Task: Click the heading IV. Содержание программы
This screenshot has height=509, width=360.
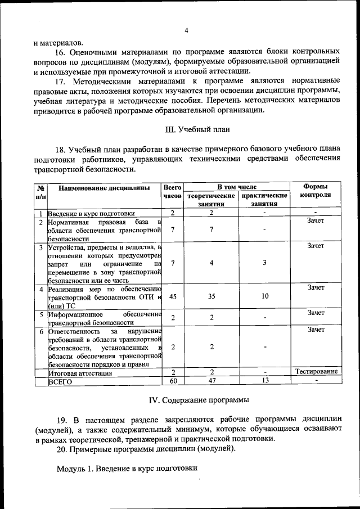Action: click(x=199, y=400)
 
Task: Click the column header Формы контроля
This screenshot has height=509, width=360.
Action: click(x=315, y=191)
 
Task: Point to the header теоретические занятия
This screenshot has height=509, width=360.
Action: click(x=211, y=200)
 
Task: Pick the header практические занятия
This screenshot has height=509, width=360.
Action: click(x=264, y=200)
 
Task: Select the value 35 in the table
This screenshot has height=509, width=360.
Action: click(x=211, y=296)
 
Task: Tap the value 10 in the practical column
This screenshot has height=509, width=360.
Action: click(x=264, y=296)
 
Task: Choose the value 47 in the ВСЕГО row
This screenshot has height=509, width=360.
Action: click(x=211, y=381)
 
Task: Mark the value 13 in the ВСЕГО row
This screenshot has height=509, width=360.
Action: click(x=264, y=381)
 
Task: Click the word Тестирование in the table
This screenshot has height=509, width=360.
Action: click(x=316, y=371)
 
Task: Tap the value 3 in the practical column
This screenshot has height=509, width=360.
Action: click(x=264, y=263)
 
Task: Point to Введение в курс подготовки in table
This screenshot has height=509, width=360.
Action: click(x=91, y=213)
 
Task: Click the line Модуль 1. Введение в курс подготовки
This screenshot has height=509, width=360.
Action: click(x=128, y=468)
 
